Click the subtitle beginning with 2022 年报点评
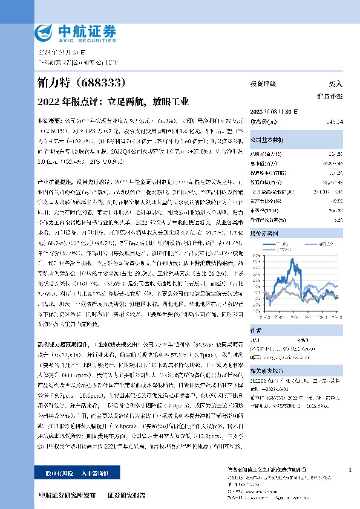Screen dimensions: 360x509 (x=113, y=101)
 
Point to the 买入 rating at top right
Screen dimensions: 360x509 (x=335, y=84)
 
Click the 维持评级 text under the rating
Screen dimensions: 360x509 (x=330, y=96)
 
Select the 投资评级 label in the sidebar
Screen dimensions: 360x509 (x=263, y=84)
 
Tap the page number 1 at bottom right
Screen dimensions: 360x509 (x=350, y=470)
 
